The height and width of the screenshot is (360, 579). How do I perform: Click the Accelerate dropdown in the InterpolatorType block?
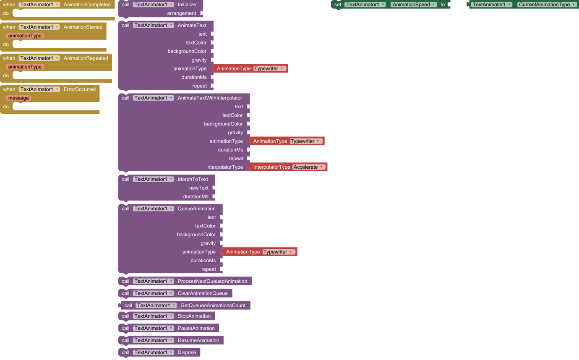click(309, 167)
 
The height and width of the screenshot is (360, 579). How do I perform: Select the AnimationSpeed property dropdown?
click(414, 5)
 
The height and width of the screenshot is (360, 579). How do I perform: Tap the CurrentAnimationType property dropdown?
click(547, 5)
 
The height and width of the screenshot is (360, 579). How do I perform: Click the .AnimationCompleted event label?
click(86, 5)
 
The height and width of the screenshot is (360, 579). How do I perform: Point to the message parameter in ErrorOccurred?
click(18, 98)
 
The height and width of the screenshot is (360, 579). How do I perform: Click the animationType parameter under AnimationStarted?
click(25, 36)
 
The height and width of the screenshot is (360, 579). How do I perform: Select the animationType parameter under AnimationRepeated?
click(25, 67)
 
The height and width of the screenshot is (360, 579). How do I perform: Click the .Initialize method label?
click(186, 5)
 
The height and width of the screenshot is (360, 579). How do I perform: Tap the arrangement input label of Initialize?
click(181, 13)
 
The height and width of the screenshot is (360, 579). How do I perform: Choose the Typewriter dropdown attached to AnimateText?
click(270, 68)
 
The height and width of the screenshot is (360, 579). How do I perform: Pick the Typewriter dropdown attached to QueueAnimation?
click(279, 252)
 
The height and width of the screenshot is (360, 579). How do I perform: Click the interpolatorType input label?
click(224, 167)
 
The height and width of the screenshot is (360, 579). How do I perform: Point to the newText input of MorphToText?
click(198, 188)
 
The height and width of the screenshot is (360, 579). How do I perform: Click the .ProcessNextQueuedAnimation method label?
click(212, 281)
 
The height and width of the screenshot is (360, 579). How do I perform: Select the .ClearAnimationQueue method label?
click(202, 293)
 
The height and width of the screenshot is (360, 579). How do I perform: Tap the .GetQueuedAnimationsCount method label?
click(212, 305)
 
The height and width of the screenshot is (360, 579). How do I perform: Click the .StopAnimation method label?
click(193, 316)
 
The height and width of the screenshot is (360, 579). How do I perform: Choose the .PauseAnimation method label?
click(196, 329)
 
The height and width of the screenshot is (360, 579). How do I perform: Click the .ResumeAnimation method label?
click(198, 340)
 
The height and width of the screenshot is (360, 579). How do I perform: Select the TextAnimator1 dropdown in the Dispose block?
click(153, 352)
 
